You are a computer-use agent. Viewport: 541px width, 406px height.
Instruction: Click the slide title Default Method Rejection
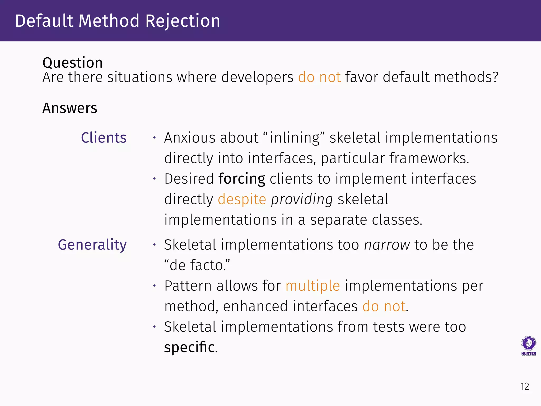tap(118, 21)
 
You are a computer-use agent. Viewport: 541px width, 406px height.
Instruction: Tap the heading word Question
tap(73, 63)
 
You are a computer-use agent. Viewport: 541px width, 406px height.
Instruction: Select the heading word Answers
tap(70, 108)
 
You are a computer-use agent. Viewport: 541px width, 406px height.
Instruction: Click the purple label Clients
tap(104, 138)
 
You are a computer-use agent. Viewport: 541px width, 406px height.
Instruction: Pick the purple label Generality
tap(92, 245)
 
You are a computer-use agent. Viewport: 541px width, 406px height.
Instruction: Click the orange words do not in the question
tap(319, 77)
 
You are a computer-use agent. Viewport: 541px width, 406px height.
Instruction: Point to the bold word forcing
tap(242, 179)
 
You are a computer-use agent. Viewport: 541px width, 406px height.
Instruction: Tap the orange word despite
tap(242, 199)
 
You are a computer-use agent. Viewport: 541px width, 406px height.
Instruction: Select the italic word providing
tap(302, 199)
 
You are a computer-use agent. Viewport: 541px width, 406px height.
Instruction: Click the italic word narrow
tap(387, 245)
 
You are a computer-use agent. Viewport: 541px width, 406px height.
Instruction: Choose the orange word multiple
tap(313, 286)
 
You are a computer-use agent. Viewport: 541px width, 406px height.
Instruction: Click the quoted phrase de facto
tap(197, 265)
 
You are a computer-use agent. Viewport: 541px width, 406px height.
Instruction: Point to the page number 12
tap(525, 386)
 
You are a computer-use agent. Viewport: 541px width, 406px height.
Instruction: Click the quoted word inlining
tap(295, 138)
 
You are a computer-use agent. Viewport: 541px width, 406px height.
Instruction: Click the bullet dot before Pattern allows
tap(155, 286)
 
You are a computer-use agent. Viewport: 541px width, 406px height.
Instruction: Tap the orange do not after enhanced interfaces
tap(384, 307)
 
